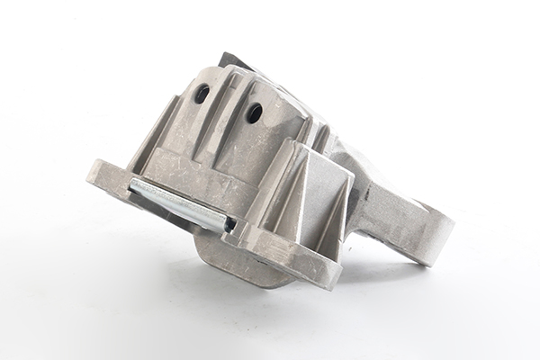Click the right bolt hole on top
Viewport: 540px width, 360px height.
[x=255, y=112]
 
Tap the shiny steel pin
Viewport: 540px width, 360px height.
[x=181, y=204]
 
